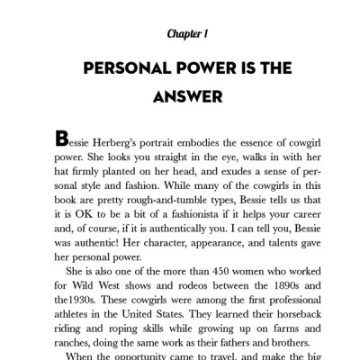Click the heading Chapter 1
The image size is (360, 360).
click(187, 33)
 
